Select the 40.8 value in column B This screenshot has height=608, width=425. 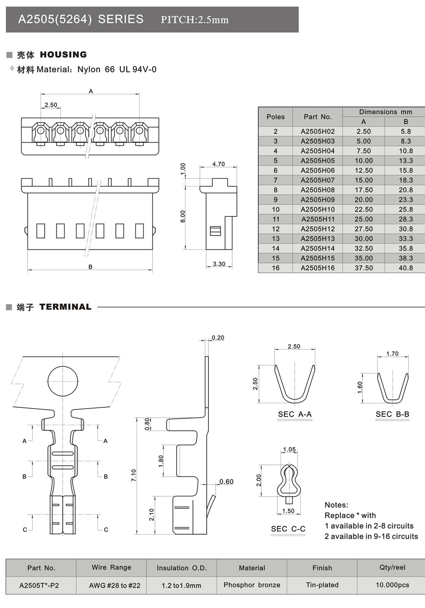[406, 268]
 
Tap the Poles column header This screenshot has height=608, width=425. [275, 117]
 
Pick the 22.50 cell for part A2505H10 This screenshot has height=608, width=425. [363, 209]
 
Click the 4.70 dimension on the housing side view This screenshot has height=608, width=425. [218, 164]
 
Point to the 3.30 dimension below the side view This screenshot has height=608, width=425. [219, 264]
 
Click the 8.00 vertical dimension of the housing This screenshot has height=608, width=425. [183, 217]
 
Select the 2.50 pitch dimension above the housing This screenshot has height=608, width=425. [51, 105]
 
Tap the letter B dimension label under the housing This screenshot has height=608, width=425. [90, 267]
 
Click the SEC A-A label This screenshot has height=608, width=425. [294, 414]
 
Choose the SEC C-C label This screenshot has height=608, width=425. [288, 529]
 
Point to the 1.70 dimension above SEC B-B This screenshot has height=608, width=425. [392, 354]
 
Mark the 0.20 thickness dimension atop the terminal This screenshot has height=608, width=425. [218, 338]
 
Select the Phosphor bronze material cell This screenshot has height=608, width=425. [252, 585]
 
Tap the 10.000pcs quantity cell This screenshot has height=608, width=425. [392, 585]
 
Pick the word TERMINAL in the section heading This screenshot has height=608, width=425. [65, 307]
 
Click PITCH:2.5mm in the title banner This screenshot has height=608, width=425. [195, 20]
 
